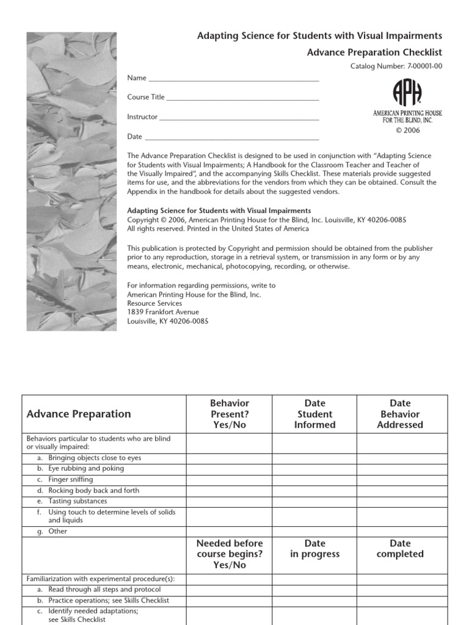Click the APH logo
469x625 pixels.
pyautogui.click(x=407, y=93)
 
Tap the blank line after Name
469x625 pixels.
pyautogui.click(x=234, y=79)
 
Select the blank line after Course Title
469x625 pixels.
pyautogui.click(x=242, y=98)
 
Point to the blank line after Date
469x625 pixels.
pyautogui.click(x=231, y=137)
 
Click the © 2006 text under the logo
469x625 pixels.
pyautogui.click(x=407, y=131)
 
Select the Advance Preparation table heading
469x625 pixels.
pyautogui.click(x=79, y=414)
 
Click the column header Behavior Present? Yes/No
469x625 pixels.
pyautogui.click(x=229, y=414)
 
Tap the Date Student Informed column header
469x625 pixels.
pyautogui.click(x=314, y=414)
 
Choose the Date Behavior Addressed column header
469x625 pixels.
pyautogui.click(x=400, y=414)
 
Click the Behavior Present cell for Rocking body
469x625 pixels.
pyautogui.click(x=229, y=491)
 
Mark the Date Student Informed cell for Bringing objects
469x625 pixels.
pyautogui.click(x=314, y=458)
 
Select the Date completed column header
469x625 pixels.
pyautogui.click(x=400, y=549)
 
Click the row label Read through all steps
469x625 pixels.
pyautogui.click(x=104, y=590)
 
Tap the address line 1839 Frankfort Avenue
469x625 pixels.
pyautogui.click(x=163, y=312)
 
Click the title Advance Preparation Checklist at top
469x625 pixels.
pyautogui.click(x=374, y=52)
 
